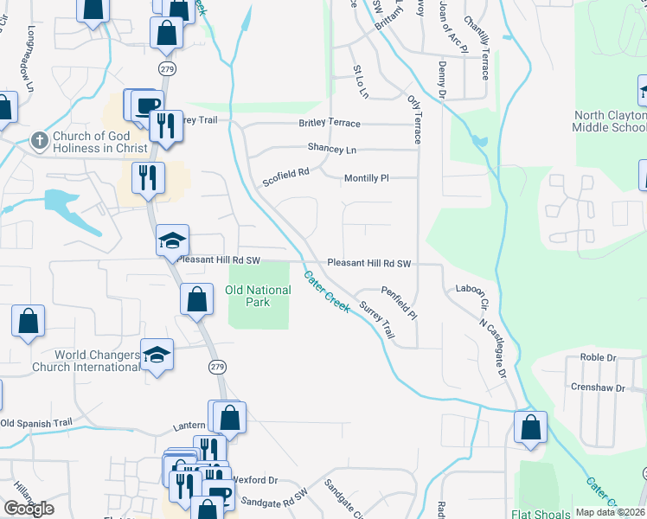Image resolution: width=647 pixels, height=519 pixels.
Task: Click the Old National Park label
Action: pos(259,297)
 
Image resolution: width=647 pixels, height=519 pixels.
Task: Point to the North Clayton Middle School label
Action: pos(609,121)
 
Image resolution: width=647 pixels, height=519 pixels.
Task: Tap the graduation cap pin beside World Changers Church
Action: pos(157,356)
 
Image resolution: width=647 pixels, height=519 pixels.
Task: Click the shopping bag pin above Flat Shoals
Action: pos(530,427)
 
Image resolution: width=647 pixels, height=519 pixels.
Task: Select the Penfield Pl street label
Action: pos(400,302)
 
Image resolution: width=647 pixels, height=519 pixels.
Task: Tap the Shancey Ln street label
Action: pos(332,150)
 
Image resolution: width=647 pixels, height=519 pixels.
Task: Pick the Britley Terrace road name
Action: pos(330,124)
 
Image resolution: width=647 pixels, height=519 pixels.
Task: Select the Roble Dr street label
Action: pos(598,356)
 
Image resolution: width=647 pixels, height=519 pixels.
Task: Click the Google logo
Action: pos(29,509)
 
